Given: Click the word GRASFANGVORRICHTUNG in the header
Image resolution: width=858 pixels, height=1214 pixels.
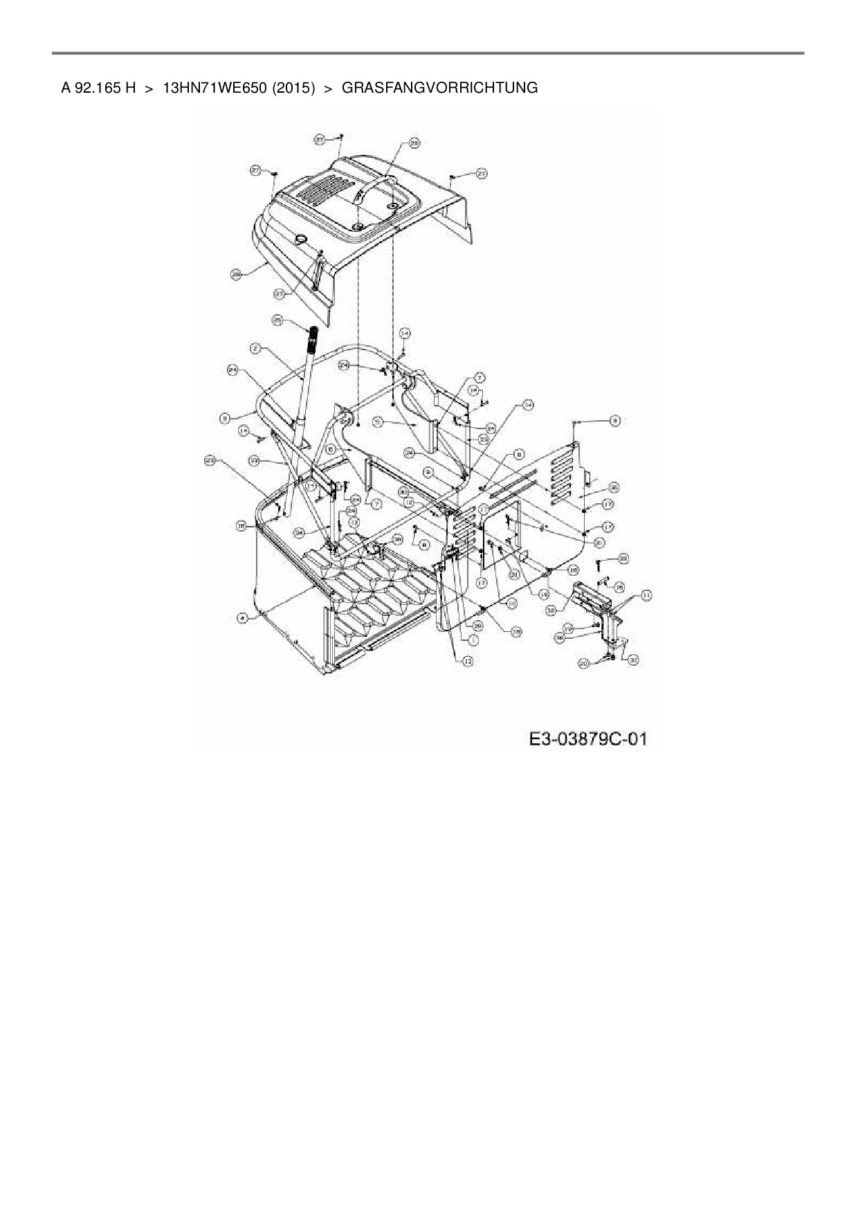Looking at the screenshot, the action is (x=439, y=88).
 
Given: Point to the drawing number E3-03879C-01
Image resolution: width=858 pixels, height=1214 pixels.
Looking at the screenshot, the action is (x=587, y=739).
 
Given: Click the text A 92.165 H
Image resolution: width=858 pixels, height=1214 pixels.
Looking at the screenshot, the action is (x=98, y=88).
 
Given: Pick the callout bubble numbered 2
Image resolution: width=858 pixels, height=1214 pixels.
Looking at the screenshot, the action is (x=255, y=350).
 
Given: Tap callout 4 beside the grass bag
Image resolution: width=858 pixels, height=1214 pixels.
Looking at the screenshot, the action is (x=242, y=618).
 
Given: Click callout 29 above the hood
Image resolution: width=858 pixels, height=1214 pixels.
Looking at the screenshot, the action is (x=414, y=143).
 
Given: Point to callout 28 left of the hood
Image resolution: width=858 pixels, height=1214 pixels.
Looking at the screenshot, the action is (x=237, y=275).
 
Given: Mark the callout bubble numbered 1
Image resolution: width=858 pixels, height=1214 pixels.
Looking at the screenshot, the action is (x=475, y=640).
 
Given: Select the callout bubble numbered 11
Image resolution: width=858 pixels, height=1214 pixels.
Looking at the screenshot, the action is (x=646, y=595).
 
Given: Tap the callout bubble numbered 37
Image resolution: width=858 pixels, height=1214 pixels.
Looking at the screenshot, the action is (x=632, y=660).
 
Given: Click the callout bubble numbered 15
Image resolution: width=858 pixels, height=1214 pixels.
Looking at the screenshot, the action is (x=619, y=586).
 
